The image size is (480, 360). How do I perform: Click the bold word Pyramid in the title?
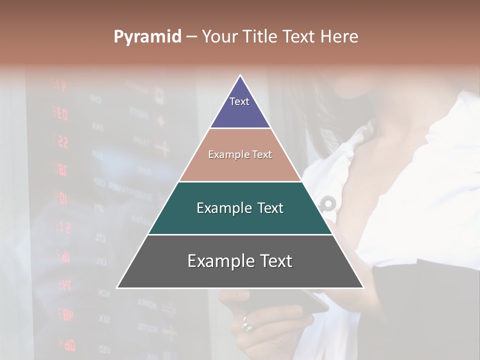pos(147,37)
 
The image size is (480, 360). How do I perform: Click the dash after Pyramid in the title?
pos(191,37)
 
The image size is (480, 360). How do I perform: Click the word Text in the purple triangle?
pos(239,101)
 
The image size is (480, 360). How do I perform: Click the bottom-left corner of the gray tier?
pos(117,287)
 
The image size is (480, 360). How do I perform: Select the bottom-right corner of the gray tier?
pos(363,287)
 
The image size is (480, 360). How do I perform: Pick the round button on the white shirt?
pos(328,203)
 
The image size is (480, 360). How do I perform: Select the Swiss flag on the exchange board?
pos(161,120)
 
